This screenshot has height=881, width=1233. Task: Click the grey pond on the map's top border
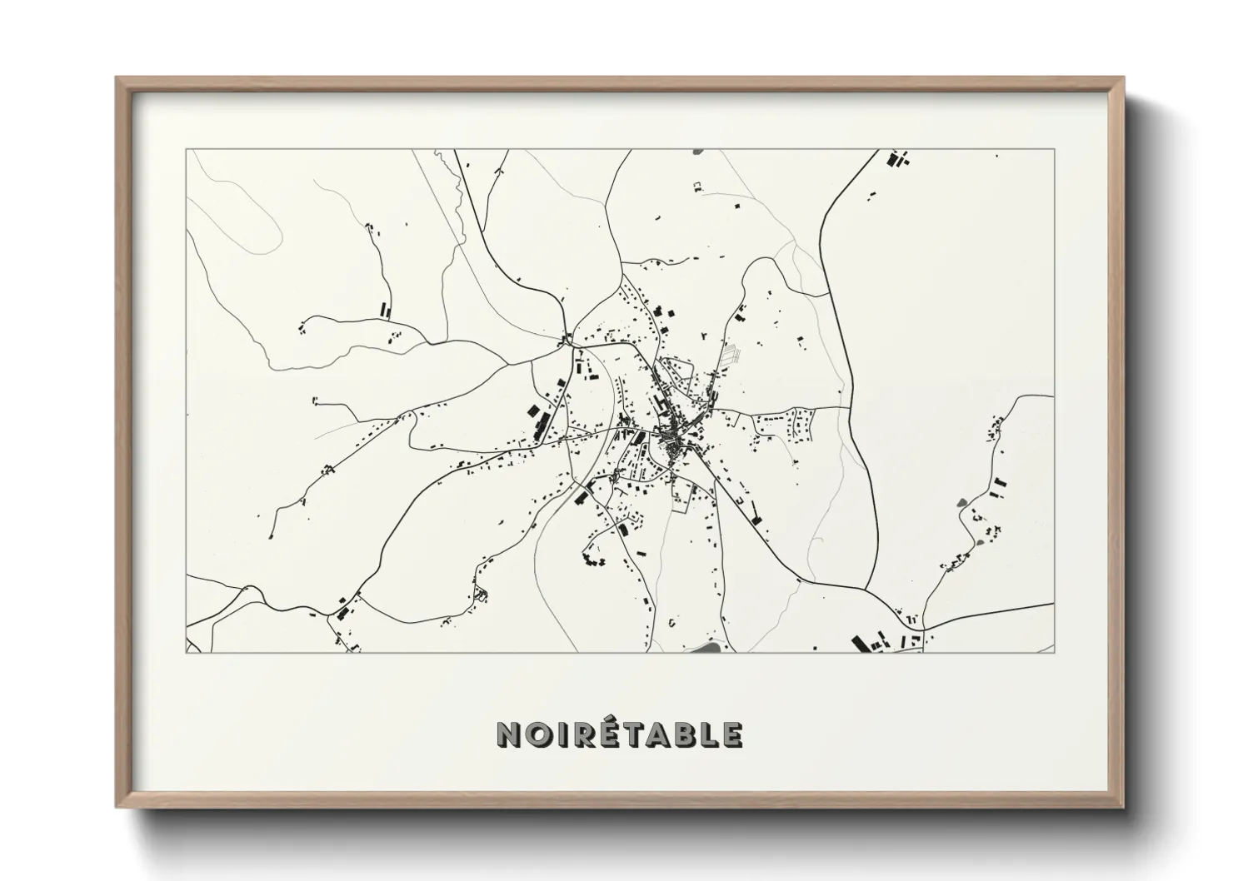pos(698,152)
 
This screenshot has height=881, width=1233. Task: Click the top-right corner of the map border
pos(1055,150)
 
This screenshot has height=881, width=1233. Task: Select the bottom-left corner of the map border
pos(186,652)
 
